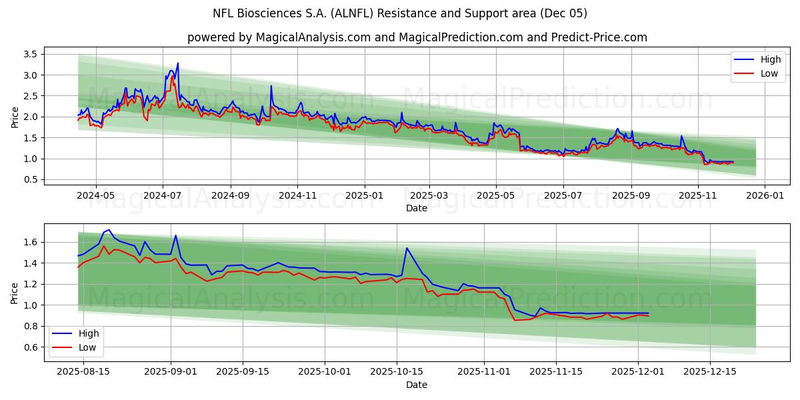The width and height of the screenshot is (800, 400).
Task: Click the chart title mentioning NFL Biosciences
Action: pyautogui.click(x=400, y=13)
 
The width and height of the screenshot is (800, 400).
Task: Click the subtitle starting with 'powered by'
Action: pyautogui.click(x=417, y=37)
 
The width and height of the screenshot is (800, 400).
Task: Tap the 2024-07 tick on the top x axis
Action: pyautogui.click(x=163, y=196)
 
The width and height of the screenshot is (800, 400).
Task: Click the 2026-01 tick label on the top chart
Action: pyautogui.click(x=764, y=196)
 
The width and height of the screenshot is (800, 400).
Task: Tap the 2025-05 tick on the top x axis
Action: pyautogui.click(x=495, y=196)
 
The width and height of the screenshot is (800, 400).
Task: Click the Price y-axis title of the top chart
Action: pyautogui.click(x=15, y=117)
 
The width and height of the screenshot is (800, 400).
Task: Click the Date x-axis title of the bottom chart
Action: pyautogui.click(x=417, y=385)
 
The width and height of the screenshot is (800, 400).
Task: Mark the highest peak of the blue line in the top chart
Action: pyautogui.click(x=177, y=63)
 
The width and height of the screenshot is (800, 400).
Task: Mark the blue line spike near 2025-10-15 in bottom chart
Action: pyautogui.click(x=407, y=248)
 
